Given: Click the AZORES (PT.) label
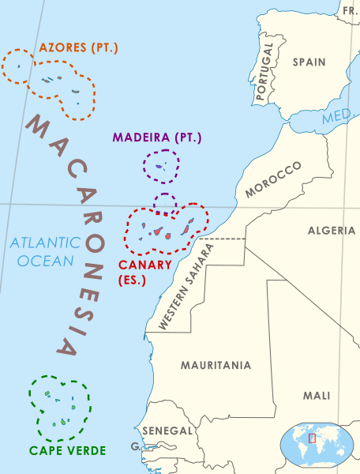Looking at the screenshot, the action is pos(76,47).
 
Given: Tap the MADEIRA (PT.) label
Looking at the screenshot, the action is pos(157,137).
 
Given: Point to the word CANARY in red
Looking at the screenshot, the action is pos(144,265).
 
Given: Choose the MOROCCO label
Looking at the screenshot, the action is pos(273,179).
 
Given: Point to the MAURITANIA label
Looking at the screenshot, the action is pos(216,365).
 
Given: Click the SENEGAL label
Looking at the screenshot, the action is pos(167,431).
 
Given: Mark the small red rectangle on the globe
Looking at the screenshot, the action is pos(312,438).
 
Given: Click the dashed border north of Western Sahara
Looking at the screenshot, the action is pos(222,238).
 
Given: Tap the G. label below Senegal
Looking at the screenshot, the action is pos(135,447).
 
